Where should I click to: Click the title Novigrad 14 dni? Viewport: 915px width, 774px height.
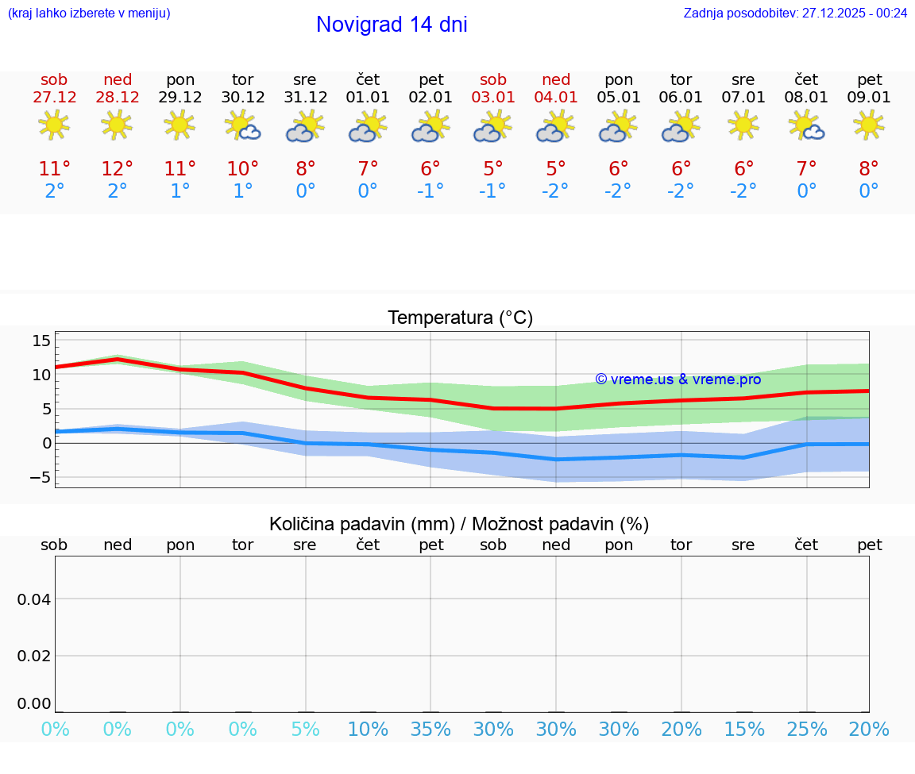(x=392, y=25)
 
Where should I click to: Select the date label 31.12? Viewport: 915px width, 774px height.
(x=305, y=98)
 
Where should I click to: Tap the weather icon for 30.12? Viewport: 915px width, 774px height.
(x=242, y=125)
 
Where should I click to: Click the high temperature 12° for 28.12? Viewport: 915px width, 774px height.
(x=117, y=169)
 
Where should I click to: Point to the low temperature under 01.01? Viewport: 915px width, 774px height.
(x=368, y=191)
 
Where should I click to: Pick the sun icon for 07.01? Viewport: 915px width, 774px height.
(x=743, y=125)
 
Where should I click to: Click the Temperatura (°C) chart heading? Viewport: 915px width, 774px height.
(x=460, y=318)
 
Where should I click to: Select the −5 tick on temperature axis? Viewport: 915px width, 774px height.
(x=38, y=477)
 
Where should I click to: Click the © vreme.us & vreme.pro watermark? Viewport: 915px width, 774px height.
(x=678, y=379)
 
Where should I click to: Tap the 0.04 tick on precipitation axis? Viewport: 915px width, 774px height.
(x=34, y=599)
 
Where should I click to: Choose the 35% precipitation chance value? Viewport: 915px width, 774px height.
(x=430, y=730)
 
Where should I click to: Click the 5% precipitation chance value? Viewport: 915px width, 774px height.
(x=305, y=730)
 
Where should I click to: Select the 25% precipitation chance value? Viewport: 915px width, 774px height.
(x=807, y=730)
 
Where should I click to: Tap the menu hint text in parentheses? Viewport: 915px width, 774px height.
(x=89, y=13)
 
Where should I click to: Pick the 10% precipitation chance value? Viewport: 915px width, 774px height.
(x=368, y=730)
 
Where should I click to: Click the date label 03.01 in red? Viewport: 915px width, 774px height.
(x=493, y=98)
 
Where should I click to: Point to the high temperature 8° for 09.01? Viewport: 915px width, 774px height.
(x=869, y=169)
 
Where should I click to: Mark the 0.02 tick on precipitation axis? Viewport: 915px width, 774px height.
(x=34, y=656)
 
